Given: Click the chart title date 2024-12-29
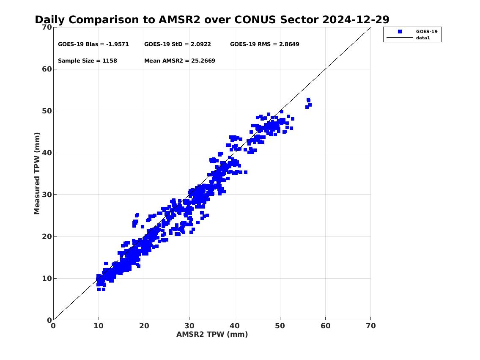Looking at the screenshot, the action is [356, 19].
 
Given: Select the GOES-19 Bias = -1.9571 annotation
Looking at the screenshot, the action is [93, 44].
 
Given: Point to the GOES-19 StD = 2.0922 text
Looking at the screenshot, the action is [178, 44].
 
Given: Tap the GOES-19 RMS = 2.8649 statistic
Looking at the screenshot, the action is [264, 44].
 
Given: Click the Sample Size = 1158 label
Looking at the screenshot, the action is [88, 60].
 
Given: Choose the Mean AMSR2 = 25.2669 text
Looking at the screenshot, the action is [180, 60].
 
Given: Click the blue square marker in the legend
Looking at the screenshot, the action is [400, 32].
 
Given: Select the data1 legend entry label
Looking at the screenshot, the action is [423, 38].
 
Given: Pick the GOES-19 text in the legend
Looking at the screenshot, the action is [427, 32].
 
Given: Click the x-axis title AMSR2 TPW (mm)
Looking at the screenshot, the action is [212, 334].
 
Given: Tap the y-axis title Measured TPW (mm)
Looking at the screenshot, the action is [37, 173].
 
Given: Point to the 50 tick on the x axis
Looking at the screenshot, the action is [280, 326].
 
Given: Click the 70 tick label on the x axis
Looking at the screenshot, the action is [371, 326].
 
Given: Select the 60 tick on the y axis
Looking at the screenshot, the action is [47, 69].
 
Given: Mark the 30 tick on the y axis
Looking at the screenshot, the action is [47, 195].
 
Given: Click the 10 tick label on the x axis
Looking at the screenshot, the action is [99, 326].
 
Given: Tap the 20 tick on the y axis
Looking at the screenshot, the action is [47, 236].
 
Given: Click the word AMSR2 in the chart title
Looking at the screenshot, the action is [179, 19].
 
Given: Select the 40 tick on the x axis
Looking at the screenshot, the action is [235, 326].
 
